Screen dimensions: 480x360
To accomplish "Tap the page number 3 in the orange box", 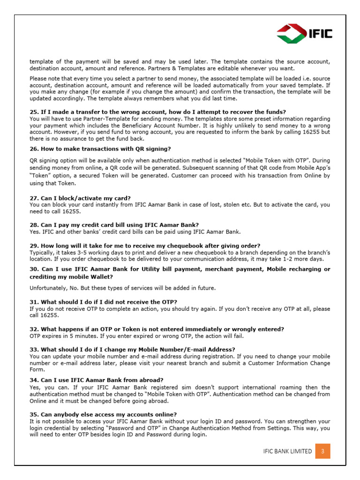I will (x=322, y=451).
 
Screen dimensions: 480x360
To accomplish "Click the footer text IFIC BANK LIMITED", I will (x=287, y=451).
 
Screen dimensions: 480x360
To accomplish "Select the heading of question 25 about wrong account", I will (x=157, y=112).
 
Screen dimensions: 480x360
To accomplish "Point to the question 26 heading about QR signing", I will (x=100, y=149).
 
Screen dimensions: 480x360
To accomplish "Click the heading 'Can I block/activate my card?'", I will (x=80, y=198).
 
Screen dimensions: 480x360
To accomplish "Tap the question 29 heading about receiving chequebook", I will (x=145, y=246).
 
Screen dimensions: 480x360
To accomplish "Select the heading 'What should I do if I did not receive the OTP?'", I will (x=104, y=302).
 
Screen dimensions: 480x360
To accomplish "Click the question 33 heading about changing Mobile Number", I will (x=132, y=350).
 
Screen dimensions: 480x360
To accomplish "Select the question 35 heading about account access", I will (x=103, y=414).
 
